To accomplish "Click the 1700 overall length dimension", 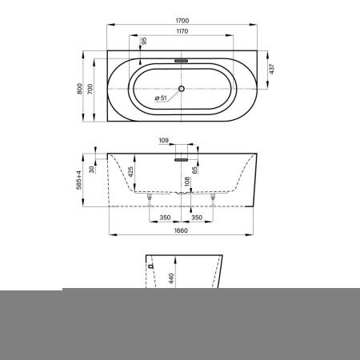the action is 182,21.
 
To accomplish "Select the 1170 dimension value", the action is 182,31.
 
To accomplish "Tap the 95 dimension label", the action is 144,41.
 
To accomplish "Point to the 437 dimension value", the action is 272,69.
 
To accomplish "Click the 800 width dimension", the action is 79,89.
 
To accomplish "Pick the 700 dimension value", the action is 90,89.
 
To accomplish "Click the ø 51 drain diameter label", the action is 161,98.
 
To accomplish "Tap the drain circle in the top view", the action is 182,89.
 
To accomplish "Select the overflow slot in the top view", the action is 182,61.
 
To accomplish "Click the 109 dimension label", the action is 163,140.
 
